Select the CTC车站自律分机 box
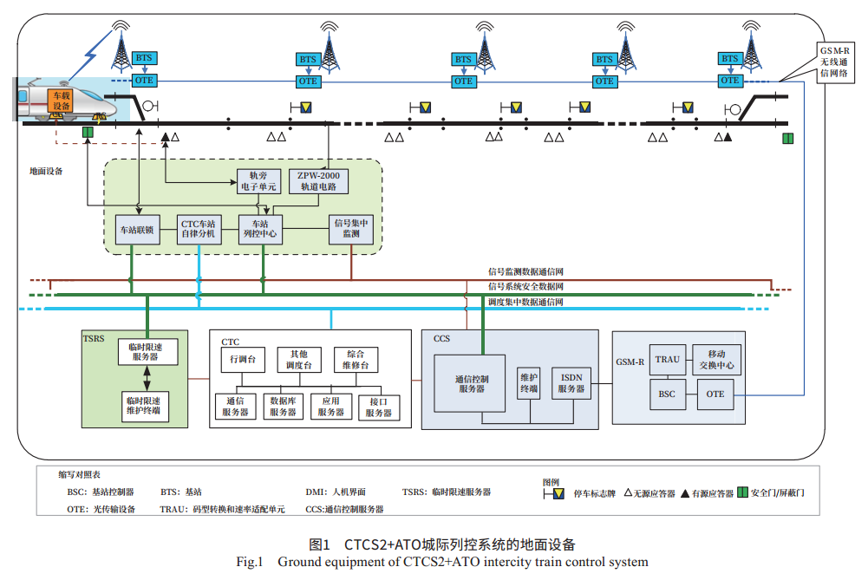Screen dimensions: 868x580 (x=199, y=229)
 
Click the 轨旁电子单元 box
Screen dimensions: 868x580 (x=258, y=180)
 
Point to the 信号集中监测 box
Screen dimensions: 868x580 (x=351, y=228)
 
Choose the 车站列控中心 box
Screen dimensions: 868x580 (x=261, y=229)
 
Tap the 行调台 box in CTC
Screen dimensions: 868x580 (x=243, y=359)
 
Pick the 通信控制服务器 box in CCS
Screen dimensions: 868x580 (x=469, y=383)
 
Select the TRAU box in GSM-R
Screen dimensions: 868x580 (x=668, y=359)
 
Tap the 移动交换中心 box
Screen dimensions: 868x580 (x=716, y=360)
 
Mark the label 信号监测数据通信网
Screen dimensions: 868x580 (x=525, y=272)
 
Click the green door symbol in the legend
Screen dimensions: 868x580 (x=742, y=492)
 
